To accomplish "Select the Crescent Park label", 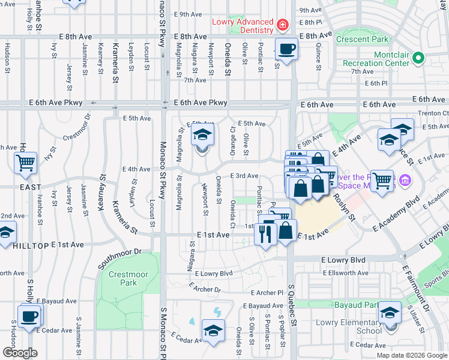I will point(362,40).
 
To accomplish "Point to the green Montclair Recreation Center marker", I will point(420,59).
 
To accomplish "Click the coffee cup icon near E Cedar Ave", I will point(28,316).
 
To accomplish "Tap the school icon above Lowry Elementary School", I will point(389,313).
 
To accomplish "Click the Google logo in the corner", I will point(20,352).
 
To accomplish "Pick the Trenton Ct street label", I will point(437,112).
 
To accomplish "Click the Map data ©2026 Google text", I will point(412,355).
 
